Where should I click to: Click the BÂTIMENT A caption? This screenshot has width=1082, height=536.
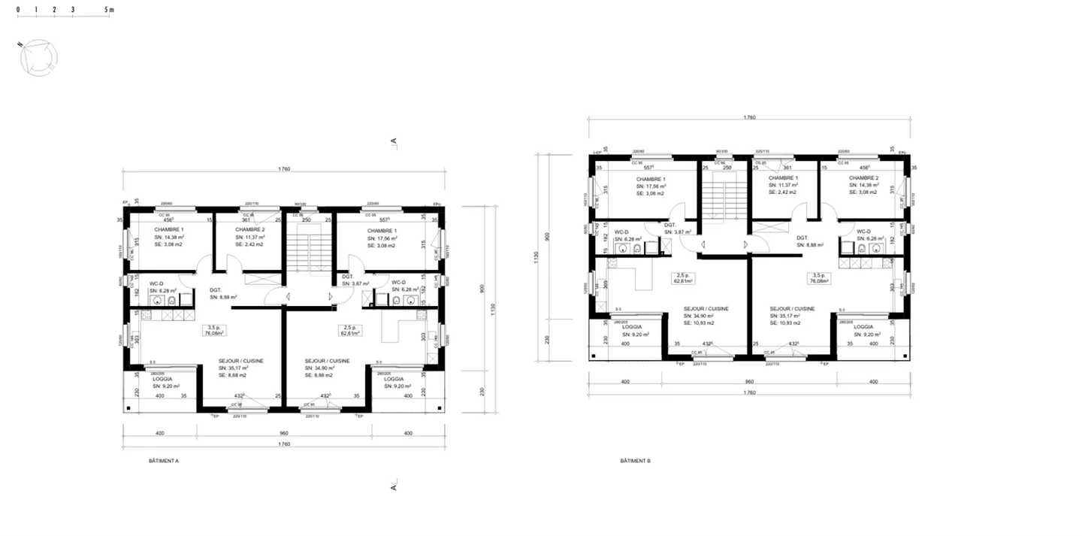point(164,460)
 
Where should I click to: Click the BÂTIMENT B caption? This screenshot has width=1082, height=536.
point(635,460)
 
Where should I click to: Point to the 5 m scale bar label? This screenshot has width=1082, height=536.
point(109,11)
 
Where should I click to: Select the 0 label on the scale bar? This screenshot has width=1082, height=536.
point(17,11)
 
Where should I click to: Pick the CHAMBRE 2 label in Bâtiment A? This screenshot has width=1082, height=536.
point(250,229)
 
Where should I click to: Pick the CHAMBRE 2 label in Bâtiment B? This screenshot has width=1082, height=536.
point(863,177)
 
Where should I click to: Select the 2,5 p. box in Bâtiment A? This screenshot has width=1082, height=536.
point(348,331)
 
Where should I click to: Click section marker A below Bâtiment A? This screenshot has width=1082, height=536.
point(393,487)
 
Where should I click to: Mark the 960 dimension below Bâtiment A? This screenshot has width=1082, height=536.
point(283,434)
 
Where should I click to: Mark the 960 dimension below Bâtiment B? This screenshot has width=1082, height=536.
point(748,382)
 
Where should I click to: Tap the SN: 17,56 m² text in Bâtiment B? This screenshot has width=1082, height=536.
point(651,186)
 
